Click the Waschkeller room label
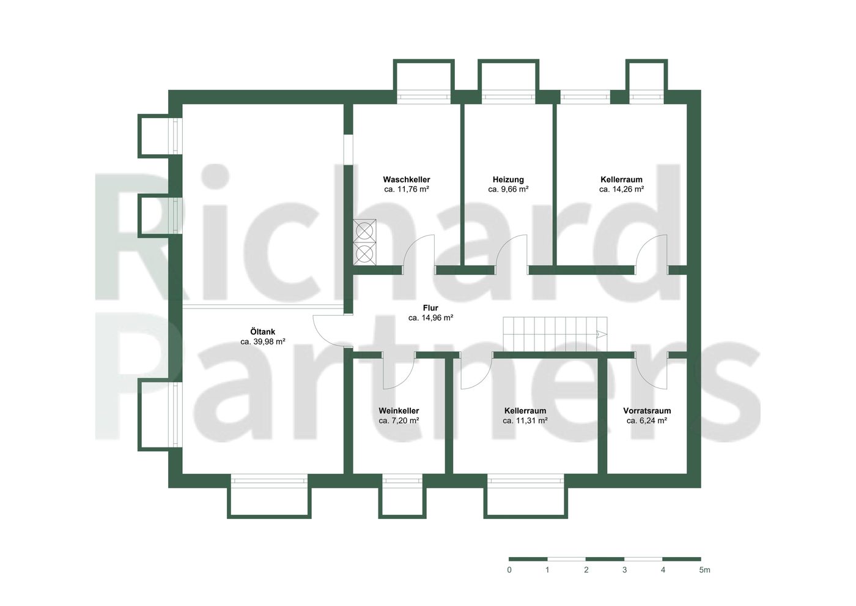pyautogui.click(x=407, y=179)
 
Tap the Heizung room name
pyautogui.click(x=508, y=179)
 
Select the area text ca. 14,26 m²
pyautogui.click(x=622, y=189)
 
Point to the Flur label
pyautogui.click(x=430, y=308)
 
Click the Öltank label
pyautogui.click(x=263, y=332)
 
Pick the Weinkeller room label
pyautogui.click(x=399, y=411)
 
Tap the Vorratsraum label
pyautogui.click(x=647, y=411)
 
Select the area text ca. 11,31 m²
pyautogui.click(x=525, y=421)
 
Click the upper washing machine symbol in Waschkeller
pyautogui.click(x=365, y=231)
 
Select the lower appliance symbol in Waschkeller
pyautogui.click(x=365, y=253)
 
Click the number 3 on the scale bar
pyautogui.click(x=624, y=570)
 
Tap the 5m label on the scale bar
pyautogui.click(x=704, y=570)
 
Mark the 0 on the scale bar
pyautogui.click(x=509, y=570)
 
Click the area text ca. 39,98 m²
pyautogui.click(x=263, y=342)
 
